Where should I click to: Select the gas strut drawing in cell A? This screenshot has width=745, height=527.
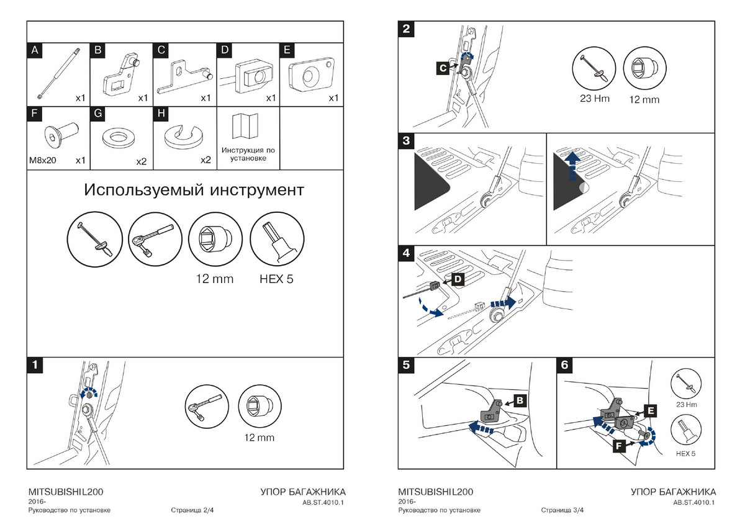point(58,73)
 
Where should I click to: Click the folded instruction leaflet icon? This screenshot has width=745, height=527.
point(248,127)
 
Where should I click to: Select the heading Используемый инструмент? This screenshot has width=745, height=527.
point(194,189)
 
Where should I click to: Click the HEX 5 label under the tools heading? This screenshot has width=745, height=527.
point(276,279)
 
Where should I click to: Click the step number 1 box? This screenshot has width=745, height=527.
point(35,365)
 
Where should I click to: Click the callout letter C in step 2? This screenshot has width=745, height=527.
point(441,69)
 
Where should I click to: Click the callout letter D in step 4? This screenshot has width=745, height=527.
point(457,281)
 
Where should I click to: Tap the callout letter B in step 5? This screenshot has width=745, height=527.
point(520,400)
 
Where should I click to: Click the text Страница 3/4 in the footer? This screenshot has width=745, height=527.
point(562,511)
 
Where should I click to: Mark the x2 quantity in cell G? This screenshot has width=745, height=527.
point(140,161)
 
